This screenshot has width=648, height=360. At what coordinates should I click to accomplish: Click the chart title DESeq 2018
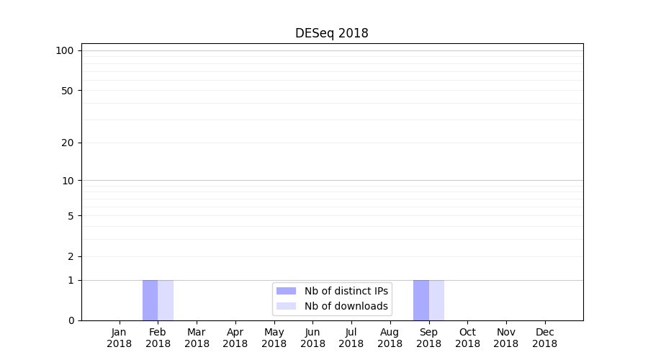(331, 33)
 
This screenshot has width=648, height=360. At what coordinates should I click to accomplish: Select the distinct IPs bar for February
(150, 300)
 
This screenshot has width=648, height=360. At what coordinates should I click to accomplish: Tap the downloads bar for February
(166, 300)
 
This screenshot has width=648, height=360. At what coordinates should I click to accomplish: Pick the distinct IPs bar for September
(420, 300)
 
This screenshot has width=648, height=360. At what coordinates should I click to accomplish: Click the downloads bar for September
(436, 300)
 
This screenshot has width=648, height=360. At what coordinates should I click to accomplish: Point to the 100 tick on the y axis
(65, 50)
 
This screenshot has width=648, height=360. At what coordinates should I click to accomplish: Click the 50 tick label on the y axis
(68, 91)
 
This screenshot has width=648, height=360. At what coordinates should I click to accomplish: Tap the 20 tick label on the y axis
(68, 143)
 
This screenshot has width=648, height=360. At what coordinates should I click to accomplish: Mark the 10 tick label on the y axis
(68, 181)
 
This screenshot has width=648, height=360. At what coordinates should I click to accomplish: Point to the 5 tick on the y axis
(71, 216)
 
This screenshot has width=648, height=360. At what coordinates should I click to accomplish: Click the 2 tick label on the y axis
(71, 256)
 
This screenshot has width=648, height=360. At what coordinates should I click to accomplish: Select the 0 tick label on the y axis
(71, 320)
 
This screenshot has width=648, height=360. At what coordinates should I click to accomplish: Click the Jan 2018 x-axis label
(119, 338)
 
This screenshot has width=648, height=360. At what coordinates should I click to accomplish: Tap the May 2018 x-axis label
(274, 338)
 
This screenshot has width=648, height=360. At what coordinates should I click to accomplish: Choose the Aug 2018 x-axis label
(390, 338)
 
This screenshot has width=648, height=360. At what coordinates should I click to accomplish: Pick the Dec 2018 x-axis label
(544, 338)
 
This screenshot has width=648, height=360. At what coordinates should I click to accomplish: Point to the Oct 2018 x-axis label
(467, 338)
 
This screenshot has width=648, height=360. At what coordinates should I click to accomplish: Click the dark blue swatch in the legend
(286, 291)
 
